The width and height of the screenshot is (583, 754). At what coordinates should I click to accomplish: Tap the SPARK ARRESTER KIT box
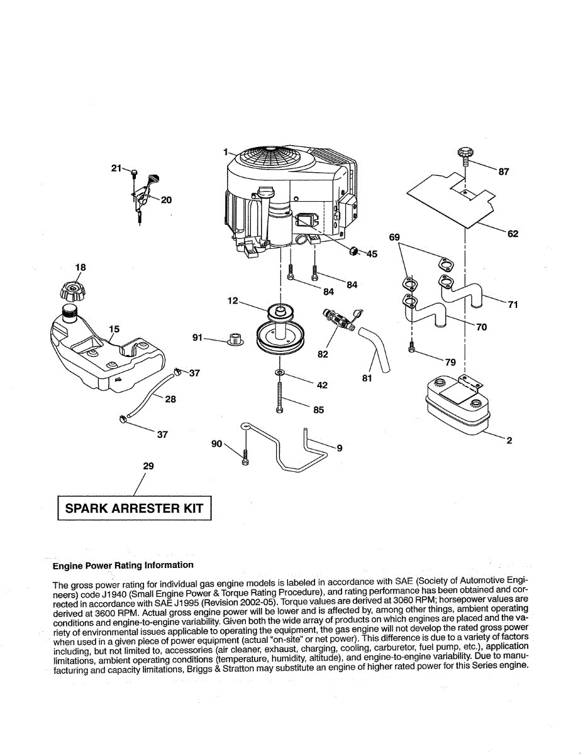(x=134, y=508)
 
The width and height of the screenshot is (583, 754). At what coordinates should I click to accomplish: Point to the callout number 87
(x=503, y=172)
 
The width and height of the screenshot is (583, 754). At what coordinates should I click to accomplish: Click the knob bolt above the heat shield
(x=464, y=153)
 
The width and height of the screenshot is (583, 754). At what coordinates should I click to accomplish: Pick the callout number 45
(x=372, y=254)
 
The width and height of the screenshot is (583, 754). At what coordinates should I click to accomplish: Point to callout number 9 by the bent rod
(x=339, y=448)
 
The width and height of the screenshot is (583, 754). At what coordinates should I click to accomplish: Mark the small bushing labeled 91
(x=236, y=340)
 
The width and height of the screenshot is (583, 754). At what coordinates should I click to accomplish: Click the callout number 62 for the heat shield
(x=513, y=234)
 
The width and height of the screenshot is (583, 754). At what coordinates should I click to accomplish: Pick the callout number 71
(x=513, y=305)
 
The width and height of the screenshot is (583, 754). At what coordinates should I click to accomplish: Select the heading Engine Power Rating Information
(x=123, y=565)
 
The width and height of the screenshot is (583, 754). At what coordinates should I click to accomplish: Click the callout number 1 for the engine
(x=225, y=151)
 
